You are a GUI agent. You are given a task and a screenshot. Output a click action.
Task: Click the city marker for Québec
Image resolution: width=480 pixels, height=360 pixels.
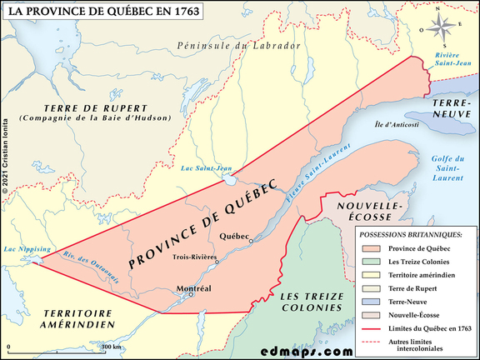click(251, 239)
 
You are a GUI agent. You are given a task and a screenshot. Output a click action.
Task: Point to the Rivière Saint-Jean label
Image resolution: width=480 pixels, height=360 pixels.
click(452, 57)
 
